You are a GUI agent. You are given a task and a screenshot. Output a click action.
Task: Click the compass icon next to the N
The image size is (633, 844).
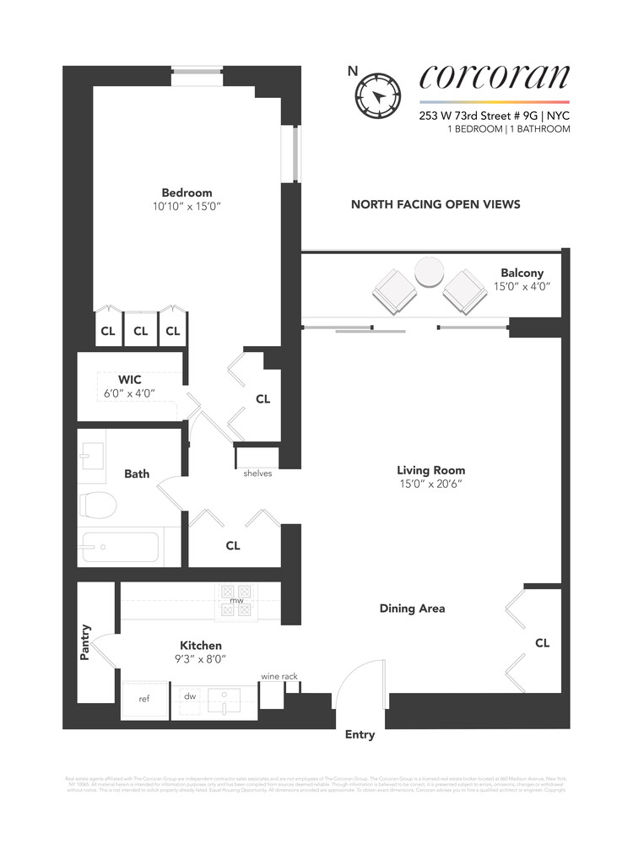376,95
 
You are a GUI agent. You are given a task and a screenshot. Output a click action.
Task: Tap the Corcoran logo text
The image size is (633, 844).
495,78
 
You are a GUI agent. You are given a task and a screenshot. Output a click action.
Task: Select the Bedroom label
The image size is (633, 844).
187,192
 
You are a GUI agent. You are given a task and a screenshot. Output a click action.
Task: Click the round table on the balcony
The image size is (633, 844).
430,273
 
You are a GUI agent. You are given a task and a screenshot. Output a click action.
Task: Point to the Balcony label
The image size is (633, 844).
522,273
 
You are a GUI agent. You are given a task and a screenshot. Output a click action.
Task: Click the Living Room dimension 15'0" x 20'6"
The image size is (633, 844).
430,484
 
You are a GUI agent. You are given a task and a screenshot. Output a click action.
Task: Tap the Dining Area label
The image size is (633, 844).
412,608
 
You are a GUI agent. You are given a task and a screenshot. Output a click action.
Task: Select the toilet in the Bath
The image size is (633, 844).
97,505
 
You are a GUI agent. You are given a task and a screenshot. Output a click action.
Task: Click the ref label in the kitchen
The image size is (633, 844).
143,699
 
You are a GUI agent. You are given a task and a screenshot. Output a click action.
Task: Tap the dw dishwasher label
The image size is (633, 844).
190,696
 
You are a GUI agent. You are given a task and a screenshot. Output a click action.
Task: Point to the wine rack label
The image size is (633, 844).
279,676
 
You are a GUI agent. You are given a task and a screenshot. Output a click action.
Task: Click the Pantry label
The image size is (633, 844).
85,641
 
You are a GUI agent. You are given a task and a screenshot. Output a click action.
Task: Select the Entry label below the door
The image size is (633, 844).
360,734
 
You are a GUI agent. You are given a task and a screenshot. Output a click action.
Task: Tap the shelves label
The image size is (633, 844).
257,473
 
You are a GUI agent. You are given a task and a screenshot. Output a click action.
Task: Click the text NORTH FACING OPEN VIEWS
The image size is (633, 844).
435,204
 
